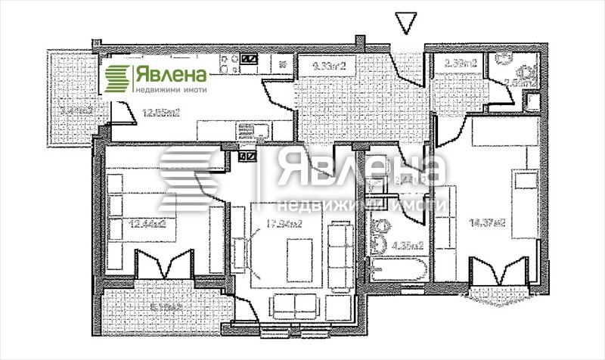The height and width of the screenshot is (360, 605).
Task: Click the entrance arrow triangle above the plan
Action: point(405,23)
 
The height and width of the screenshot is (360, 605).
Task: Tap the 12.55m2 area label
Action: point(162,114)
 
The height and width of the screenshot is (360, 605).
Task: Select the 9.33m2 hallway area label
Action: point(328,67)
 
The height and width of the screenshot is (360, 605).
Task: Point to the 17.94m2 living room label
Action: point(284,224)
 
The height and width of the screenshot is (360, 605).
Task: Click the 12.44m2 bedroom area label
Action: point(148,224)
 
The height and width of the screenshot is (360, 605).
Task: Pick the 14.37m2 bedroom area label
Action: point(486,222)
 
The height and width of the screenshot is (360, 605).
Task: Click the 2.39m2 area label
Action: point(460,64)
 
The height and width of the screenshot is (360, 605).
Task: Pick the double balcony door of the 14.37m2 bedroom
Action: point(498,271)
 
